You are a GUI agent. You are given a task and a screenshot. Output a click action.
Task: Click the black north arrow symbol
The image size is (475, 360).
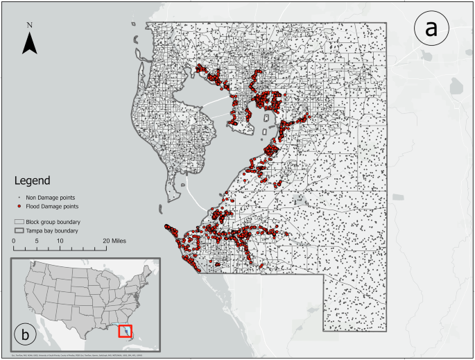pos(29,44)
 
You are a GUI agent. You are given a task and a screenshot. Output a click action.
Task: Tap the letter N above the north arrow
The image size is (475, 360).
pos(29,26)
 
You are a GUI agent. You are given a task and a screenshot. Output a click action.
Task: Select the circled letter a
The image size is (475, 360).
pos(431,28)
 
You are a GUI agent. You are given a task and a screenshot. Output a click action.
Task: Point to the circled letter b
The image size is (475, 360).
pos(26,335)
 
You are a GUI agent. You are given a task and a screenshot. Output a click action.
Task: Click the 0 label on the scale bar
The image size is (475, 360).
pos(14,240)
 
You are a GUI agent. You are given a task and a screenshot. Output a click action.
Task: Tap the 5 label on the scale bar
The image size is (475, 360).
pos(36,240)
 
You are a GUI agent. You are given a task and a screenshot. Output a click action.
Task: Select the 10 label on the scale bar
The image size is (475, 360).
pos(60,240)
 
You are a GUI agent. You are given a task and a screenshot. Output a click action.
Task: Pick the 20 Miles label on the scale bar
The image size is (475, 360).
pos(114,240)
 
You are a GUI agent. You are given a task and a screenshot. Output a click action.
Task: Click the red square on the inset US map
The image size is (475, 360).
pos(125,331)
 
